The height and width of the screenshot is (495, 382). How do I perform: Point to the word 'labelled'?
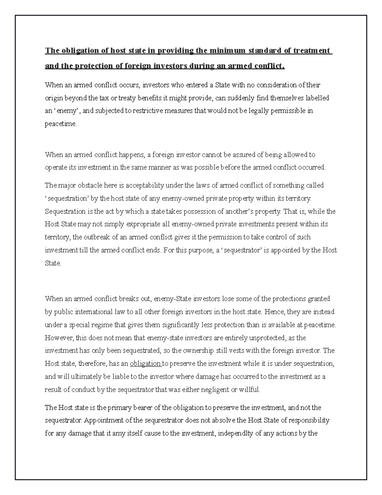(x=317, y=98)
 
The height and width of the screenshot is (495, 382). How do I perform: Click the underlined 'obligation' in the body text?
(x=145, y=364)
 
